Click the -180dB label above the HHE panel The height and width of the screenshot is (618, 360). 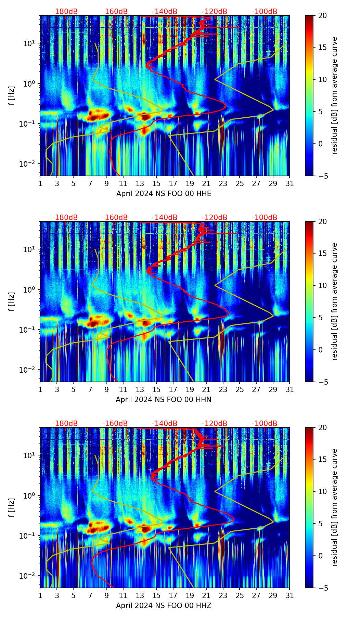65,12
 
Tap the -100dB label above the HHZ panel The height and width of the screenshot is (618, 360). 265,424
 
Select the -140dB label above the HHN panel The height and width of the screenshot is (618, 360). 165,218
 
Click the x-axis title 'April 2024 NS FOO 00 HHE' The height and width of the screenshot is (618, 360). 164,194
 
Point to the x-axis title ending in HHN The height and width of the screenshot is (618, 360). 164,400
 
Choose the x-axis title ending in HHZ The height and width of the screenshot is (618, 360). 164,606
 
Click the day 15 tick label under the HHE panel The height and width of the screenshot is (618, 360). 156,184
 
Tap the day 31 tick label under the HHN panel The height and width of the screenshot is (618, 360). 290,390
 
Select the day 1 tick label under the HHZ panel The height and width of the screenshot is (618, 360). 40,596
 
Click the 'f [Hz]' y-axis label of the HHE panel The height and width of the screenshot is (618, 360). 12,96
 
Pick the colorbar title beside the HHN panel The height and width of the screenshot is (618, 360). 334,301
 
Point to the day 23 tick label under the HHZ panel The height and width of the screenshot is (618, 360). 223,596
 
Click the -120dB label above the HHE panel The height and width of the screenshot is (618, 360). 215,12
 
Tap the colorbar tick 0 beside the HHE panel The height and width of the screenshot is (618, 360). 320,144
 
